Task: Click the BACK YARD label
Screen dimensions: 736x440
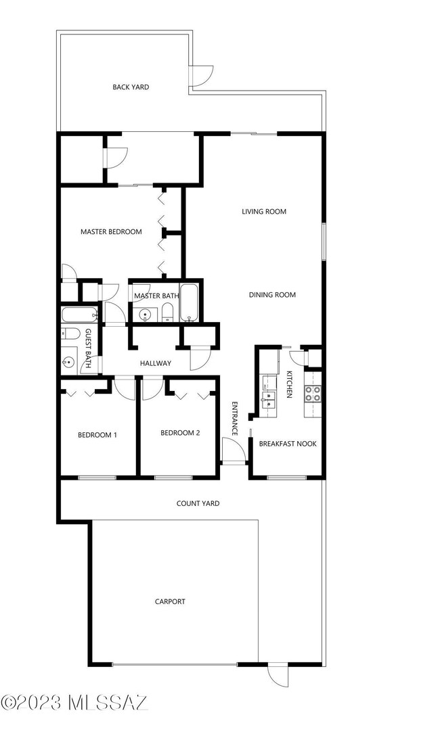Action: click(131, 87)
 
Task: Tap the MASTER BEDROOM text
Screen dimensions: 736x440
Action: click(111, 232)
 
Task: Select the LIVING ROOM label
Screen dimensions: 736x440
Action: click(264, 212)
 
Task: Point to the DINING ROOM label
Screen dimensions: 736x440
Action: click(272, 295)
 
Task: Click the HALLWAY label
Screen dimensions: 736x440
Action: click(155, 364)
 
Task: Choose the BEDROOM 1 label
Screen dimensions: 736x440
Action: click(97, 435)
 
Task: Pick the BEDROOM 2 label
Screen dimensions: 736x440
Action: click(179, 433)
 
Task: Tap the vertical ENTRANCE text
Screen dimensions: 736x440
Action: click(235, 419)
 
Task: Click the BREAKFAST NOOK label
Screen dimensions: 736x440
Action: click(288, 444)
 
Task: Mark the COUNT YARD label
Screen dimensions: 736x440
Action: click(198, 503)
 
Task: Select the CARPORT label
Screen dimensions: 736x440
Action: click(170, 601)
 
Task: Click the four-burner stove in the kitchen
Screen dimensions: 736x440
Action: click(313, 394)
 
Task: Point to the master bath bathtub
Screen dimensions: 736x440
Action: click(189, 303)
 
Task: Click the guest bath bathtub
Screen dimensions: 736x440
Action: click(80, 315)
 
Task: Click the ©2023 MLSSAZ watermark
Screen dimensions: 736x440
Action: click(74, 704)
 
